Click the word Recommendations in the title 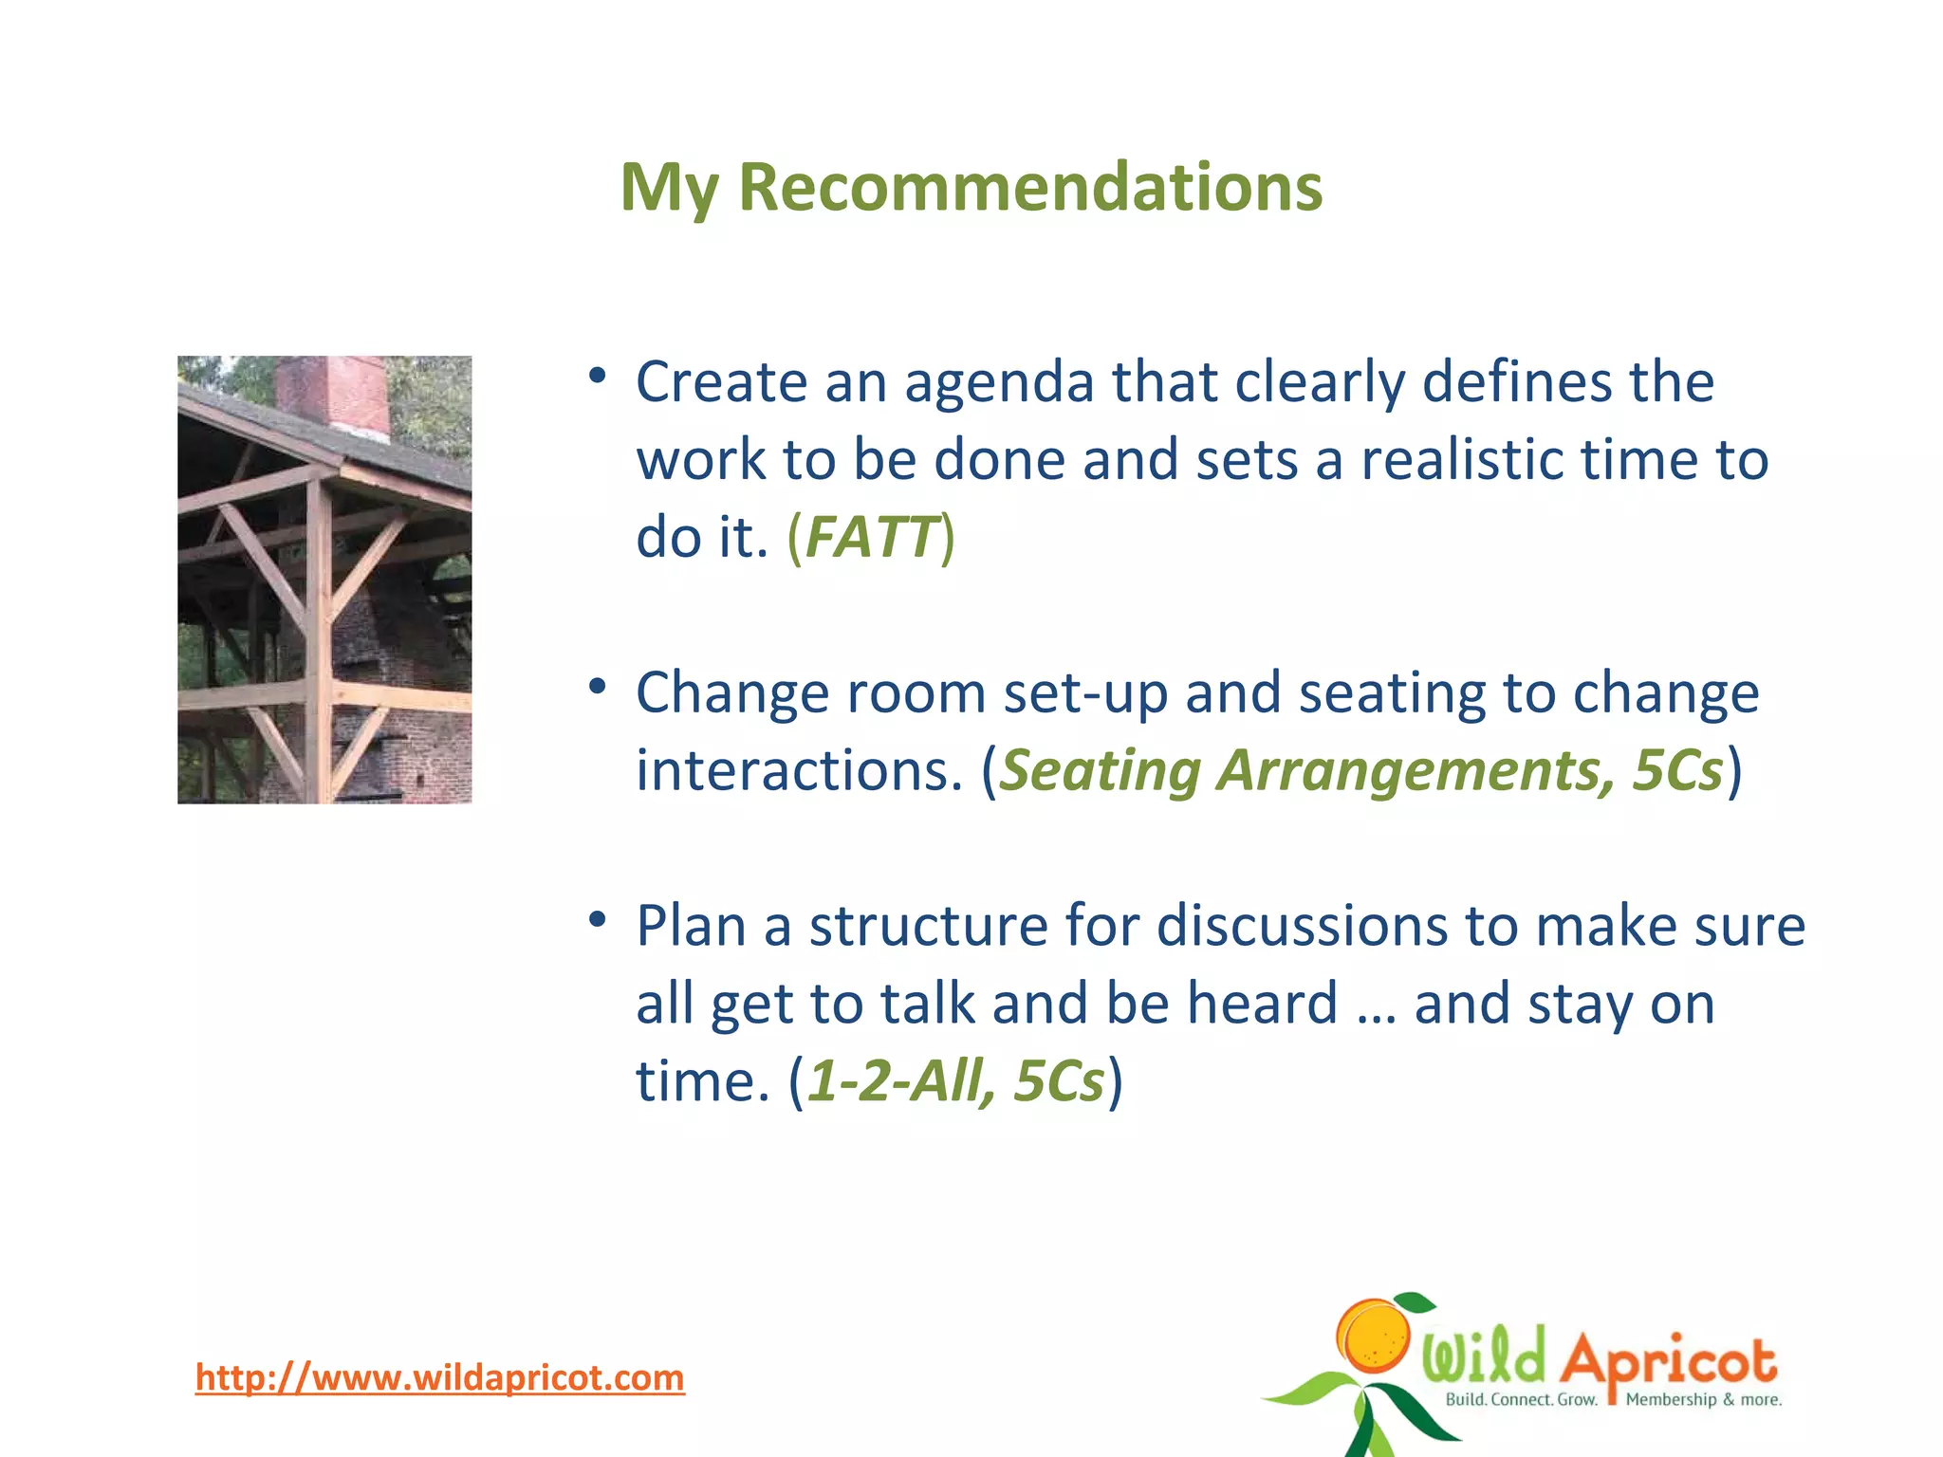(1029, 187)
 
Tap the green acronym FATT (871, 537)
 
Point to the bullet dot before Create (597, 377)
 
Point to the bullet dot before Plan (597, 919)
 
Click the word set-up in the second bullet (1084, 693)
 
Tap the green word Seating (1100, 771)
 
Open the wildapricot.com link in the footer (439, 1377)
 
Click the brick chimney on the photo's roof (332, 393)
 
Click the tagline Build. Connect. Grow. (1521, 1400)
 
